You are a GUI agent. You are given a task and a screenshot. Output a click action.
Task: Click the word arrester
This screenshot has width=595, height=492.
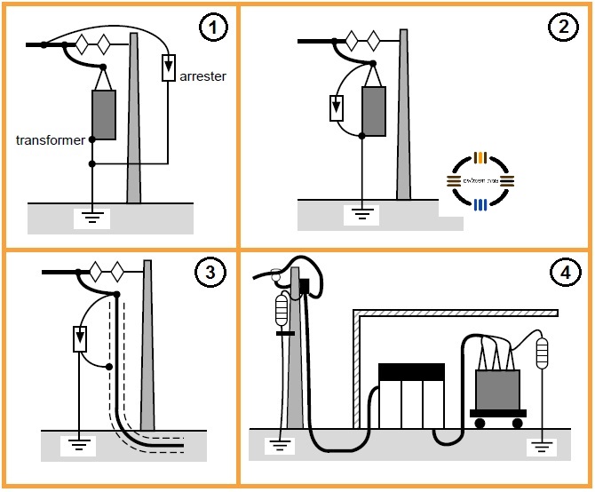point(202,76)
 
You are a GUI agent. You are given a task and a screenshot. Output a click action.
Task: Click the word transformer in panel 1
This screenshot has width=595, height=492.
point(51,140)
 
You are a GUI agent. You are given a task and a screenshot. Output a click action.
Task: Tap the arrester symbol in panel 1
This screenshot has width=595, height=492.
point(169,67)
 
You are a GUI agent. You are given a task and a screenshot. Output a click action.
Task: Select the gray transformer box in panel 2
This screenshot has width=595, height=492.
point(373,111)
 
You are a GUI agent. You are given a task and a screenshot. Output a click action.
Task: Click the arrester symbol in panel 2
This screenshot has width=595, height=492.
point(336,107)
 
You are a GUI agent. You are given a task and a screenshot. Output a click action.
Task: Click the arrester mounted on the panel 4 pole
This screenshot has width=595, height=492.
point(282,310)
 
